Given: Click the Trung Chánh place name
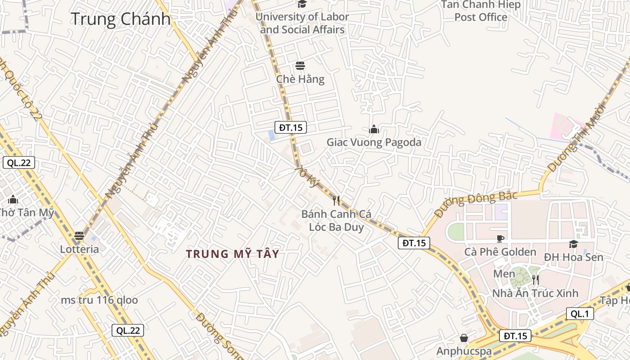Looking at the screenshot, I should point(121,19).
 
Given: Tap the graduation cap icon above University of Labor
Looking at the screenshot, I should point(301,4).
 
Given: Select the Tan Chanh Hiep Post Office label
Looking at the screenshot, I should point(481,11).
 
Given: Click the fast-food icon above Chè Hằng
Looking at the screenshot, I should point(300,66).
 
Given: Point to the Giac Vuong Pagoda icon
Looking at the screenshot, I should point(374,130).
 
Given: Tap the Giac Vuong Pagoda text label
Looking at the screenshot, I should point(374,143).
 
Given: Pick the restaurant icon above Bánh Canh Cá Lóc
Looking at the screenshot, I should point(336,200).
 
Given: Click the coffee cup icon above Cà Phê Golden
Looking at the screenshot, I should point(500,238).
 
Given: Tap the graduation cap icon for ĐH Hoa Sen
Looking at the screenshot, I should point(573,244).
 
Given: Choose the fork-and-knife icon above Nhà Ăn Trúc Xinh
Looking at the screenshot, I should point(535,279).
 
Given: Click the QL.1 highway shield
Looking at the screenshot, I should point(580,314).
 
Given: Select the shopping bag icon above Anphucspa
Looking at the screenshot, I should point(464,337).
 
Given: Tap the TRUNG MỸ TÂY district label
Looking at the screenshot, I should point(233,254).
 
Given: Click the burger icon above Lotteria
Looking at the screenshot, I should point(79,235).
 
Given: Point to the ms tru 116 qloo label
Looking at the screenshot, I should point(99,300).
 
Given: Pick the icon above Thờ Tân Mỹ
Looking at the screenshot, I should point(13,199).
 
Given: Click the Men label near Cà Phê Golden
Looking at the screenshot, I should point(504,274).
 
